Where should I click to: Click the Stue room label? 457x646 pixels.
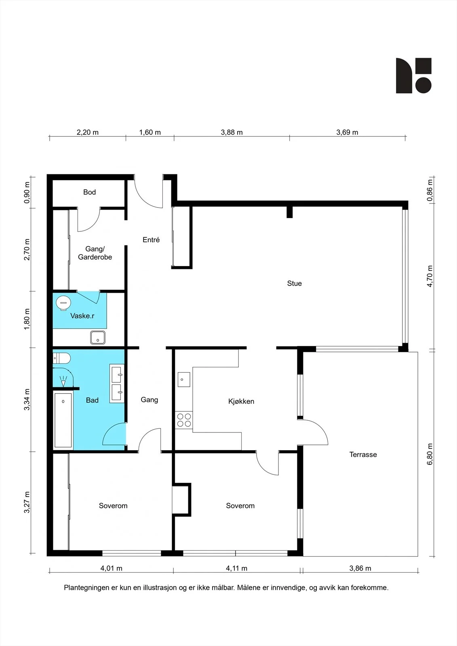pos(294,283)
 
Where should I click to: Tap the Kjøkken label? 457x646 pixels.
pos(241,401)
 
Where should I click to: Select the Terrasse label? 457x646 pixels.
pos(363,455)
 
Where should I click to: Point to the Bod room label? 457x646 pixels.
pos(89,192)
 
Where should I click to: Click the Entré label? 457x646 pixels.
pos(151,240)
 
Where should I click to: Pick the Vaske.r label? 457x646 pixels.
pos(82,316)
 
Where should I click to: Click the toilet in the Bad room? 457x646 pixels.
pos(61,358)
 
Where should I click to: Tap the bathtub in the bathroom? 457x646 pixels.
pos(63,420)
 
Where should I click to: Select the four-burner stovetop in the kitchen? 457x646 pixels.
pos(184,420)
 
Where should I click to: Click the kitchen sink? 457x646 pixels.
pos(184,380)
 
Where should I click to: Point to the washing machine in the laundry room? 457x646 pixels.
pos(63,303)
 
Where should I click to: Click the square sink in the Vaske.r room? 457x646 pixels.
pos(98,338)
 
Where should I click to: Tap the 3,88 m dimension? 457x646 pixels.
pos(232,132)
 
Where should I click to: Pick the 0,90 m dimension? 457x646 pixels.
pos(27,192)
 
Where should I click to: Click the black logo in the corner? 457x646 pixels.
pos(413,76)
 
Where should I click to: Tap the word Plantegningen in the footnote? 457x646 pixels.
pos(86,588)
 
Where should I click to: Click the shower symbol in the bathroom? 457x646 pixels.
pos(63,381)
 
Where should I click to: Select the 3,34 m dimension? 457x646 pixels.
pos(27,399)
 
